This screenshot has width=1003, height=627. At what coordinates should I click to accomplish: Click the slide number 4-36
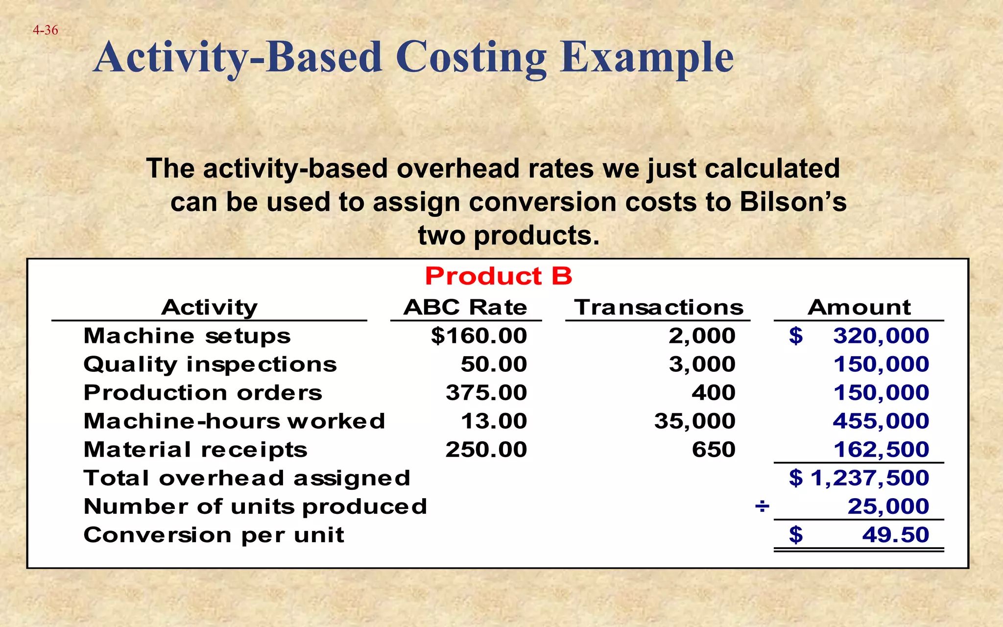coord(45,30)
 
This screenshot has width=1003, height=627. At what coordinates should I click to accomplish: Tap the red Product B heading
coord(498,276)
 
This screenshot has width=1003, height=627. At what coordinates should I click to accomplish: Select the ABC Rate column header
coord(465,308)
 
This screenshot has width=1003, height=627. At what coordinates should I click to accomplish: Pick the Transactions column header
coord(659,308)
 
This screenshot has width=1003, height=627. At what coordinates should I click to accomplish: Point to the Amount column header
coord(859,308)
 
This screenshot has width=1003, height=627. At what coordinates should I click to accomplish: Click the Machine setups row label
coord(187,336)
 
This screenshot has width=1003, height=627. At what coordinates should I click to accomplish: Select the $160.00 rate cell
coord(478,336)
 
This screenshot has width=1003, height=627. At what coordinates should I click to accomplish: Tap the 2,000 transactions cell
coord(702,336)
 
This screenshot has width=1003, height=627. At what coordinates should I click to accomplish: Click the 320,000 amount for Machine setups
coord(881,336)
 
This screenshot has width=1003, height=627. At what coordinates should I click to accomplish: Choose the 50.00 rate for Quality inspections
coord(494,364)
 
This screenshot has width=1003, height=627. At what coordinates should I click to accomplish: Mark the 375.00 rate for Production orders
coord(486,393)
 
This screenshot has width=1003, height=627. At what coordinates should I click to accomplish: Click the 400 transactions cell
coord(713,393)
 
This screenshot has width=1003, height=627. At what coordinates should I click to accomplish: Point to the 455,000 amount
coord(881,421)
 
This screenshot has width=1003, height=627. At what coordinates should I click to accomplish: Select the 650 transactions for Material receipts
coord(713,450)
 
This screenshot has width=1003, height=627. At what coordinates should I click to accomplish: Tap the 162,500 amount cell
coord(881,450)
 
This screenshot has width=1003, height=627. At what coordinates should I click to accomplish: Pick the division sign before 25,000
coord(762,506)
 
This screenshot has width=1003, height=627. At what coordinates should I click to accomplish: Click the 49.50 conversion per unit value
coord(895,535)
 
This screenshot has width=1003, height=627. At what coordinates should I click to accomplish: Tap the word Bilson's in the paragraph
coord(793,202)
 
